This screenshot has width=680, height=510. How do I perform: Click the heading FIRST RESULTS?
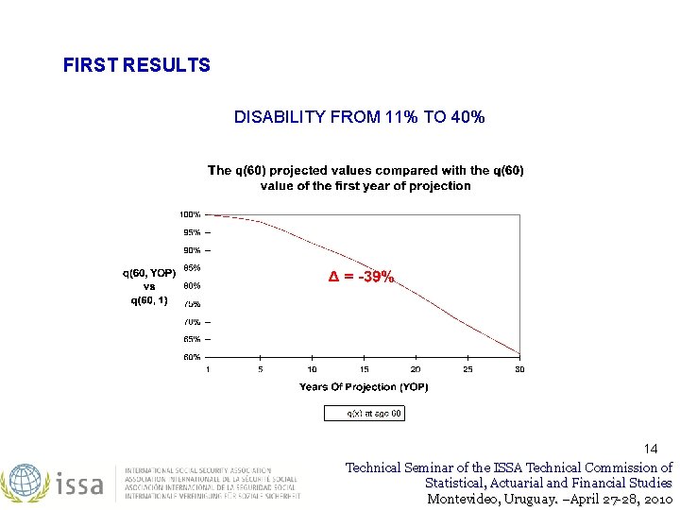[x=136, y=65]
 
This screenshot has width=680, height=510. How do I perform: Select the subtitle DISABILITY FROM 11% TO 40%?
[x=359, y=117]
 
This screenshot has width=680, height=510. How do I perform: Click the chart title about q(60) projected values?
[x=365, y=178]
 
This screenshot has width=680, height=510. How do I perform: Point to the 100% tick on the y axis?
[x=191, y=214]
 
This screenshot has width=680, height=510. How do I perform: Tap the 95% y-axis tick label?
[x=191, y=232]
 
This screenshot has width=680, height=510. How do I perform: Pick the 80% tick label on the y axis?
[x=191, y=285]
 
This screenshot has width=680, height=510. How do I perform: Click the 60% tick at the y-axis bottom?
[x=191, y=357]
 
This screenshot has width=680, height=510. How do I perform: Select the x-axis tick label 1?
[x=209, y=369]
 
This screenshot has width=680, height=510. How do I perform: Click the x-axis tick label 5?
[x=261, y=369]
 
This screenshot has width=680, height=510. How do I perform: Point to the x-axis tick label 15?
[x=364, y=369]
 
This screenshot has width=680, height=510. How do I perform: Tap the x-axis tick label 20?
[x=416, y=369]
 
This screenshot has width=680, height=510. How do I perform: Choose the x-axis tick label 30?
[x=519, y=369]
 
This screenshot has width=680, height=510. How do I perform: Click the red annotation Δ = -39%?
[x=361, y=277]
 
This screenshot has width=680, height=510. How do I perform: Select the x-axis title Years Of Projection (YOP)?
[x=364, y=387]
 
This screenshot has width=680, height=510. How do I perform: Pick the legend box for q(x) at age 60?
[x=364, y=413]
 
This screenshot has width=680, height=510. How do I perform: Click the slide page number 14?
[x=651, y=449]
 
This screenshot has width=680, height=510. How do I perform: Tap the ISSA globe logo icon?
[x=23, y=483]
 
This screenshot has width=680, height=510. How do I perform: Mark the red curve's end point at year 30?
[x=519, y=355]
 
